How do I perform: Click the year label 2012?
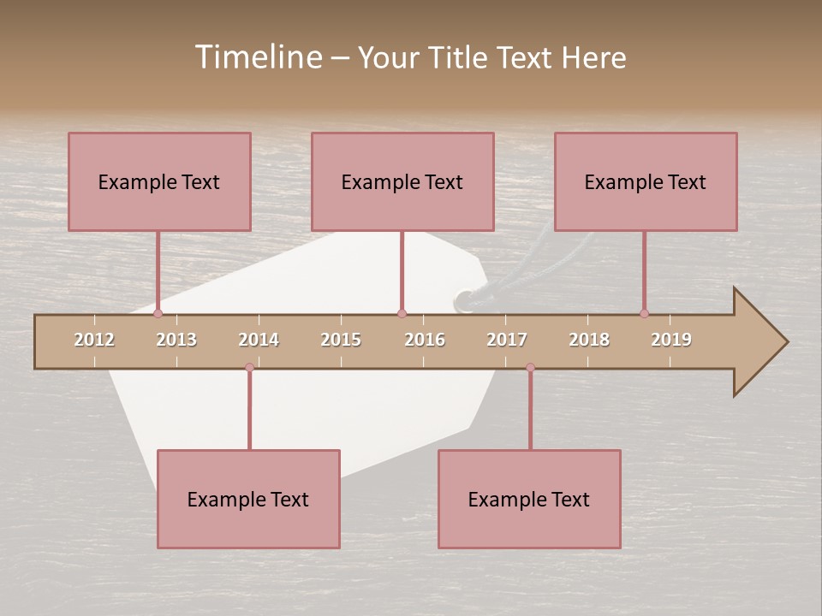[x=94, y=340]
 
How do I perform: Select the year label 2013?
[x=176, y=340]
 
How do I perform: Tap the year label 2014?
[x=259, y=340]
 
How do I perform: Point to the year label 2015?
[x=341, y=340]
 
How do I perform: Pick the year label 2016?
[x=425, y=340]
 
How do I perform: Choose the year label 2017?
[x=507, y=340]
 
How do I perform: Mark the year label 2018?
[x=589, y=340]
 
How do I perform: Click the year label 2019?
[x=671, y=340]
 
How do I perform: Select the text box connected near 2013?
[x=159, y=181]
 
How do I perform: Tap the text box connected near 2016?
[x=402, y=181]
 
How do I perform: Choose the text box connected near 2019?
[x=646, y=181]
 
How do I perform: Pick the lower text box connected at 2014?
[x=248, y=499]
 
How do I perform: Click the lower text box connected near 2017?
[x=529, y=499]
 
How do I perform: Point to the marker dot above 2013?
[x=158, y=314]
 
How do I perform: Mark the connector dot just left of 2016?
[x=402, y=314]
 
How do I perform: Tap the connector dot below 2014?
[x=249, y=368]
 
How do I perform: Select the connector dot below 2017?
[x=530, y=368]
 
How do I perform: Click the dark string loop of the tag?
[x=467, y=299]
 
